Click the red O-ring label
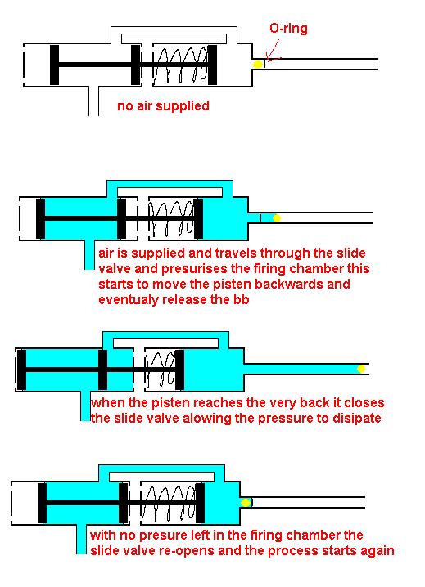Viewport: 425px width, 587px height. click(x=288, y=29)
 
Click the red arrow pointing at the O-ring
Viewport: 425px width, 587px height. click(x=273, y=51)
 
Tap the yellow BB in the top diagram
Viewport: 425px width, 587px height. click(x=258, y=65)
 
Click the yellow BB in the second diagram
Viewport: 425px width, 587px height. click(x=277, y=218)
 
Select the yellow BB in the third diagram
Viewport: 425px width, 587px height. click(x=361, y=369)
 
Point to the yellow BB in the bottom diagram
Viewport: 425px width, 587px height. click(x=246, y=503)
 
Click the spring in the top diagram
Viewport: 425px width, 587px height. click(x=180, y=65)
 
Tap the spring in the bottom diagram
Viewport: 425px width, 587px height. click(x=169, y=503)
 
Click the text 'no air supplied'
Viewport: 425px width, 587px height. click(x=163, y=106)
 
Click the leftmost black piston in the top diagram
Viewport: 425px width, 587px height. click(x=54, y=65)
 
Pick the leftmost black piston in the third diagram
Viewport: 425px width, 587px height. click(x=22, y=370)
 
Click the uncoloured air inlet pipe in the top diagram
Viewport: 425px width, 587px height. click(x=94, y=101)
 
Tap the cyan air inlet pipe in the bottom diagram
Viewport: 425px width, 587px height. click(x=81, y=539)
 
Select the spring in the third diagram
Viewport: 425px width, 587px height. click(x=161, y=370)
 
